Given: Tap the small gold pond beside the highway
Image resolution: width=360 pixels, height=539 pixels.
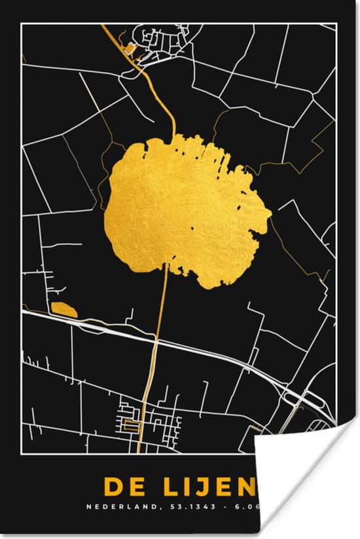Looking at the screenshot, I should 63,308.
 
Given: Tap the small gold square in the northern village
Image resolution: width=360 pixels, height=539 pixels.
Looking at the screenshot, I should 129,48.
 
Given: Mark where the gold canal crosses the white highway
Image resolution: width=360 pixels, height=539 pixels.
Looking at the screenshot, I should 156,339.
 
